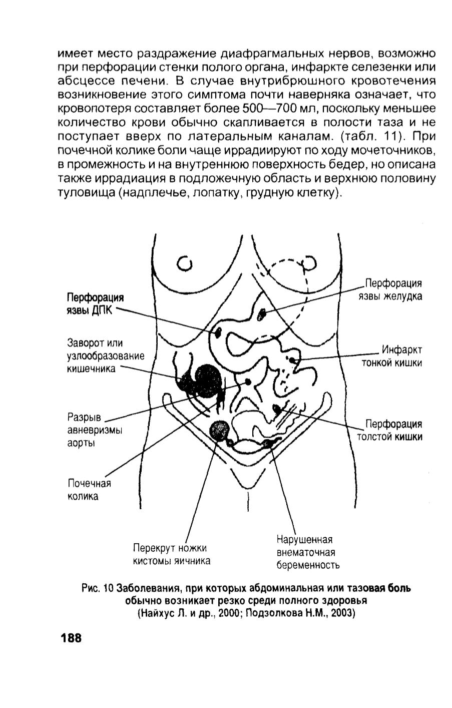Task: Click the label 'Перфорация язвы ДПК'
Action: click(95, 304)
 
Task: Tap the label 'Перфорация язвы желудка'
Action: click(390, 289)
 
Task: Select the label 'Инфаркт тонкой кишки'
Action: click(391, 356)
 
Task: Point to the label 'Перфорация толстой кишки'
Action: click(389, 431)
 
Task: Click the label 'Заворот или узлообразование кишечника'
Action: click(106, 356)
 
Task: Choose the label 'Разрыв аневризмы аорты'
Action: click(95, 430)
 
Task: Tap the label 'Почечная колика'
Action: click(89, 490)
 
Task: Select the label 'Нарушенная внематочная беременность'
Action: click(308, 552)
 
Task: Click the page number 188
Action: click(72, 638)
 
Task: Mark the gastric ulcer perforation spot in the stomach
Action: click(262, 314)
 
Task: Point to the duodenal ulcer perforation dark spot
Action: click(218, 332)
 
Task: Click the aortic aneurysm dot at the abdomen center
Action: click(248, 382)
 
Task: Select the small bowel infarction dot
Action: click(292, 360)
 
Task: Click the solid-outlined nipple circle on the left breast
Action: click(184, 263)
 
